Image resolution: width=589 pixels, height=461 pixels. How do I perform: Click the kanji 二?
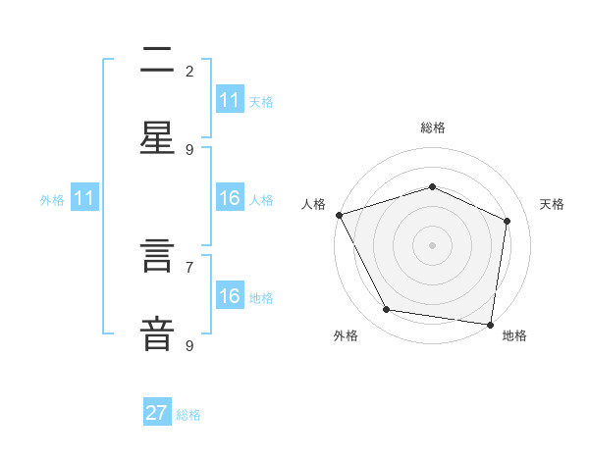(x=157, y=59)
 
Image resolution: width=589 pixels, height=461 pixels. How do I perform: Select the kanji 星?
(x=157, y=137)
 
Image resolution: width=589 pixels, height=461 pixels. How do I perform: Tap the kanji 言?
(x=157, y=256)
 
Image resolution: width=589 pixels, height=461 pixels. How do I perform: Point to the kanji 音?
(x=157, y=334)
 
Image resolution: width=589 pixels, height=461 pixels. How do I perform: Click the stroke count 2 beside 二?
(x=189, y=72)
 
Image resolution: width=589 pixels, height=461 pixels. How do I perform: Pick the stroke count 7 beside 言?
(x=189, y=268)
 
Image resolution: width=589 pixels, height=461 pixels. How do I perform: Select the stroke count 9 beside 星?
(x=189, y=150)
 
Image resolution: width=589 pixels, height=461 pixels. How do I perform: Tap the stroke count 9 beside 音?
(x=189, y=346)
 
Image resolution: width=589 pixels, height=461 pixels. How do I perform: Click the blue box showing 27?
(x=157, y=411)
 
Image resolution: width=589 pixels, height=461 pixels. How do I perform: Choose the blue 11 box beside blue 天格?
(x=231, y=99)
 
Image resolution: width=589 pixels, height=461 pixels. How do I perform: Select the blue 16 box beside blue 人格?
(x=231, y=197)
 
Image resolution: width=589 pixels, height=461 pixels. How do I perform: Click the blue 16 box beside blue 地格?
(x=231, y=294)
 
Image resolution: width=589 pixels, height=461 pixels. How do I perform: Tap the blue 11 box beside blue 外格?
(x=84, y=197)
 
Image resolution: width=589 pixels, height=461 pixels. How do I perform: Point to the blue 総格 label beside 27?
(x=188, y=415)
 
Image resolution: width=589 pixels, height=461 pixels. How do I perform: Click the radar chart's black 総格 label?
(x=433, y=128)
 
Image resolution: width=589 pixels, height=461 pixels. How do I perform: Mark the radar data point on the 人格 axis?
(x=340, y=215)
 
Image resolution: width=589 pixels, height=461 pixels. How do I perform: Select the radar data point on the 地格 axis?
(x=490, y=325)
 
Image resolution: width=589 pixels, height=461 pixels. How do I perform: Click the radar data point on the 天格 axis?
(x=507, y=221)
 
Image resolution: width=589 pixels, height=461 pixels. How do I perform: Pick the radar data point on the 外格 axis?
(x=386, y=309)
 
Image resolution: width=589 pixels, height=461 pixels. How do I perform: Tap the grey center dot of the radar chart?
(x=432, y=245)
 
